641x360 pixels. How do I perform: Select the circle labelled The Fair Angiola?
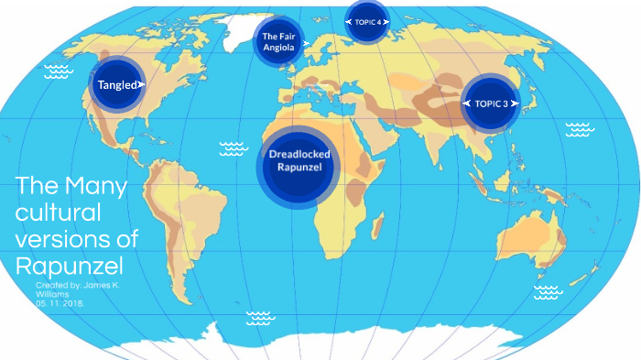coord(277,41)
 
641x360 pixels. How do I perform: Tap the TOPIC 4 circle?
coord(367,21)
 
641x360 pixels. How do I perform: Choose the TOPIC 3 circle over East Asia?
coord(491,104)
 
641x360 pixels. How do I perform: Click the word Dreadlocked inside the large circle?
coord(299,154)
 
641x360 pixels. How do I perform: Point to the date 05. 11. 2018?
coord(56,304)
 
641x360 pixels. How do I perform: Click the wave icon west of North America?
coord(60,71)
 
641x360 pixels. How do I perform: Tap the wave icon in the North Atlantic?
coord(234,147)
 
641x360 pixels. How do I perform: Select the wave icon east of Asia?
coord(579,128)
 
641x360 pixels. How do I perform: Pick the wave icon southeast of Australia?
coord(547,292)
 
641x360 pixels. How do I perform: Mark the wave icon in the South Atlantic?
coord(260,318)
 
